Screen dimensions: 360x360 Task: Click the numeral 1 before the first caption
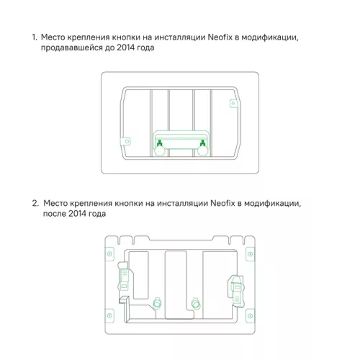pyautogui.click(x=33, y=36)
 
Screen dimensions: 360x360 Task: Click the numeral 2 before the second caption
pyautogui.click(x=35, y=203)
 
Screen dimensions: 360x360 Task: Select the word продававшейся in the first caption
pyautogui.click(x=73, y=47)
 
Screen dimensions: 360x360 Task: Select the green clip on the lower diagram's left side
pyautogui.click(x=123, y=279)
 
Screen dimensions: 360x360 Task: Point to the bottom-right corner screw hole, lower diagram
pyautogui.click(x=249, y=314)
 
